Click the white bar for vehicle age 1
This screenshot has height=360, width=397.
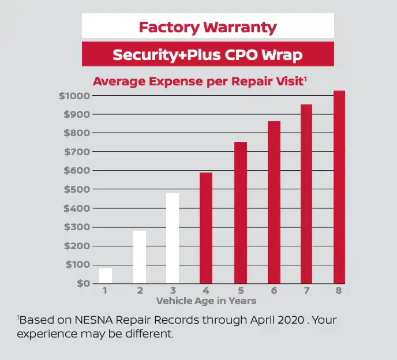coord(106,276)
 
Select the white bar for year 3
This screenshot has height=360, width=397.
coord(173,238)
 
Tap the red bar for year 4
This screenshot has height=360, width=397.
coord(206,228)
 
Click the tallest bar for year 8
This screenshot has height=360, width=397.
coord(339,187)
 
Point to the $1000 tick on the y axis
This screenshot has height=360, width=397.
coord(74,96)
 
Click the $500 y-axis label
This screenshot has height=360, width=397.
coord(76,189)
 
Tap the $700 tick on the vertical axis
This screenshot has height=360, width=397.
coord(76,152)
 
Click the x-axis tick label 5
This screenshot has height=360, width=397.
coord(239,291)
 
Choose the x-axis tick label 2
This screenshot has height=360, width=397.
coord(139,291)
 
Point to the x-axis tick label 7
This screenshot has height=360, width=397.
coord(306,291)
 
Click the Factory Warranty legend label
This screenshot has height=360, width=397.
coord(208,27)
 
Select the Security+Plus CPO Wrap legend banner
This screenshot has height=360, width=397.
coord(208,55)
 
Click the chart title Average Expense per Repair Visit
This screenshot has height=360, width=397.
coord(199,81)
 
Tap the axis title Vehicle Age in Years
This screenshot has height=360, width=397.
coord(206,301)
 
